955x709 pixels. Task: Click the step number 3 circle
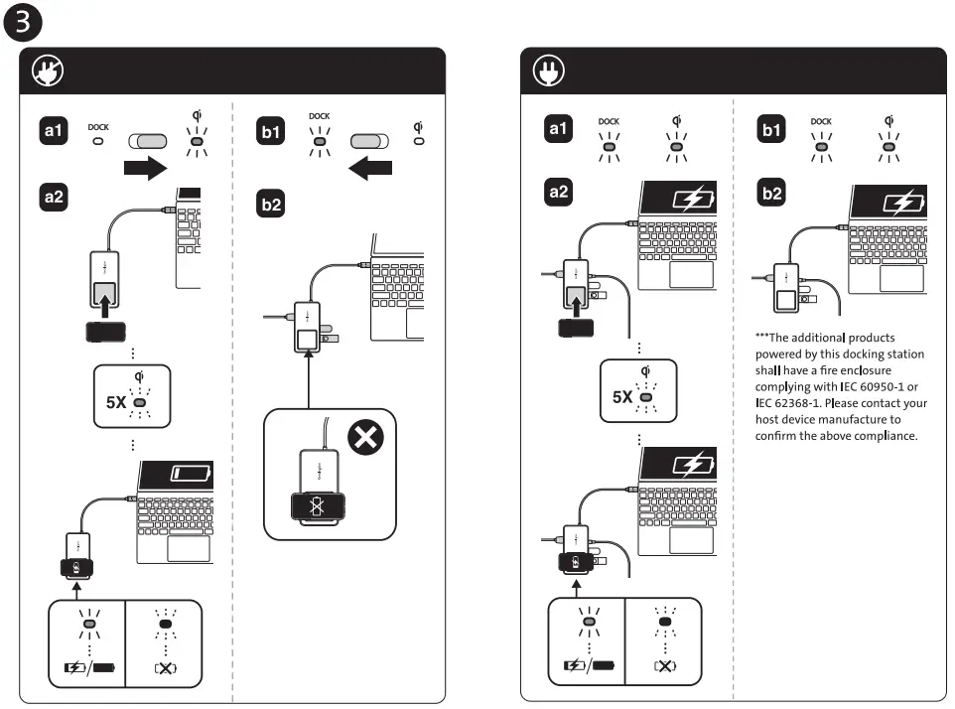click(x=23, y=22)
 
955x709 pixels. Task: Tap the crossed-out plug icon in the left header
click(x=48, y=71)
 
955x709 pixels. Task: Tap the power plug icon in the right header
click(x=548, y=71)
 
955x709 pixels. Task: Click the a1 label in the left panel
click(x=53, y=130)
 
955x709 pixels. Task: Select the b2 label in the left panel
click(x=270, y=204)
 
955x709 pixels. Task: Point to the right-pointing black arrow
click(x=145, y=168)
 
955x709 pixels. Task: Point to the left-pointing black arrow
click(x=370, y=168)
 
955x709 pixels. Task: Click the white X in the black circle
click(x=365, y=437)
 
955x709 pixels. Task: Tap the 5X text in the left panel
click(x=116, y=402)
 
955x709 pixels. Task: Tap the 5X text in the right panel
click(x=622, y=397)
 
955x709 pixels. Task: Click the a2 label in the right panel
click(x=558, y=192)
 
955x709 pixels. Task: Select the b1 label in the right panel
click(x=771, y=130)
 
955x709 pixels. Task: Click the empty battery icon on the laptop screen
click(x=190, y=474)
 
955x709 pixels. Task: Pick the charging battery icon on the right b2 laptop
click(x=903, y=202)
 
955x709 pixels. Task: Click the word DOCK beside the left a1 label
click(x=98, y=127)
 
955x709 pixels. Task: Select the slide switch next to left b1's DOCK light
click(x=369, y=141)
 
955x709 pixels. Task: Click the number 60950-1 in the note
click(x=882, y=387)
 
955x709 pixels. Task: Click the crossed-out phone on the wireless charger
click(x=318, y=506)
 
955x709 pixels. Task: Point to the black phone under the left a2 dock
click(x=105, y=332)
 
